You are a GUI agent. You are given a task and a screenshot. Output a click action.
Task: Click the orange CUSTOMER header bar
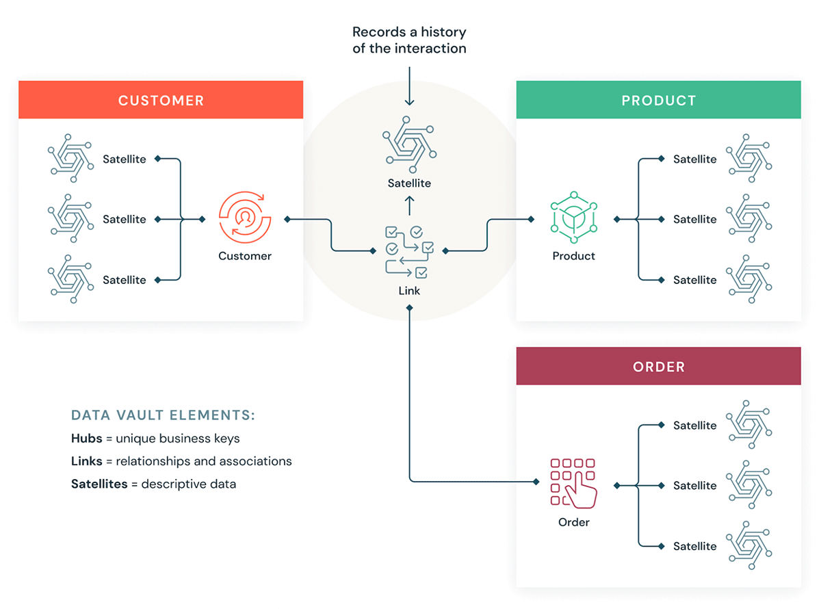pos(161,101)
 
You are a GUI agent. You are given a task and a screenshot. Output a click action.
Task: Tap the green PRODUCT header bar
pos(658,101)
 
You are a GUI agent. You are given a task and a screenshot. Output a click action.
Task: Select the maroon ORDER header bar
pos(658,367)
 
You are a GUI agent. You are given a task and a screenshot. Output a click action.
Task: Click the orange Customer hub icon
pos(244,218)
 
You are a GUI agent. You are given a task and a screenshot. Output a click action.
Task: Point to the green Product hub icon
pos(573,219)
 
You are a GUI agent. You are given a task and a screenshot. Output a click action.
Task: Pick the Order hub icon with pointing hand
pos(573,482)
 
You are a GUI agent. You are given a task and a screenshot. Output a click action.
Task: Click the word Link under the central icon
pos(409,291)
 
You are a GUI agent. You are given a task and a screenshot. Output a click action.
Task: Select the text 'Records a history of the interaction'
pos(409,40)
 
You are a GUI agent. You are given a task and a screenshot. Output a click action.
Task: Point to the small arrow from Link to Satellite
pos(409,205)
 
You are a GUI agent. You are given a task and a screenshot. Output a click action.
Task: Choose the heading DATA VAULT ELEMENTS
pos(163,415)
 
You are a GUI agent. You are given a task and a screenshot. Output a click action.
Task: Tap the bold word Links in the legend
pos(86,461)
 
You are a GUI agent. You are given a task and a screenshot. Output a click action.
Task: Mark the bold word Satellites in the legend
pos(99,484)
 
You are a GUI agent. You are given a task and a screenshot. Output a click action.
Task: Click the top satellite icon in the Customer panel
pos(70,158)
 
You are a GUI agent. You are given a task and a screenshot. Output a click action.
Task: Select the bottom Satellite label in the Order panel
pos(694,546)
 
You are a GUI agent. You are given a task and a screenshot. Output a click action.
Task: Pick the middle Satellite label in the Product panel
pos(694,219)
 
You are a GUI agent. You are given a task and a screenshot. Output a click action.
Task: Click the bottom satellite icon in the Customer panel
pos(70,279)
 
